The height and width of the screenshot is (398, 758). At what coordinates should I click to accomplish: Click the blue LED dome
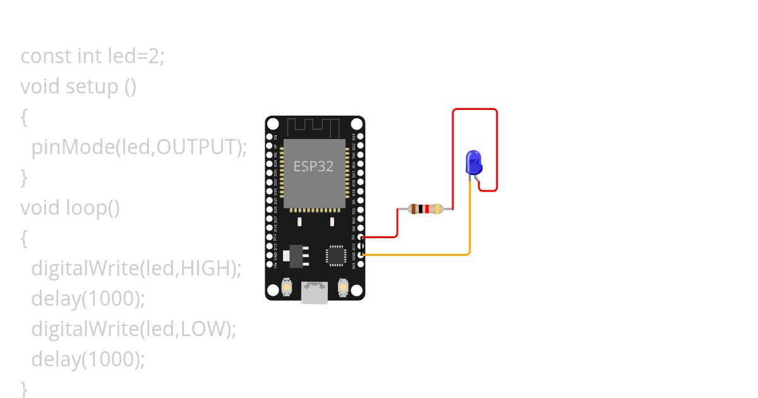[474, 161]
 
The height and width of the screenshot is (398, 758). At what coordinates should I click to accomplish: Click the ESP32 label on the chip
[313, 166]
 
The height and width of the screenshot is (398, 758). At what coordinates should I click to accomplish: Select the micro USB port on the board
[315, 292]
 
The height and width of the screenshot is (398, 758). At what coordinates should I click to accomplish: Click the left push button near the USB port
[287, 287]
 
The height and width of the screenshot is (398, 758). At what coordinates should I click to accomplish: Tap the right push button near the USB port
[344, 287]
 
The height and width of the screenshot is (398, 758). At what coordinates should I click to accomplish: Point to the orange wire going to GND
[417, 255]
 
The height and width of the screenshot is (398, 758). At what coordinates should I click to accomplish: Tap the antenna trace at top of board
[314, 126]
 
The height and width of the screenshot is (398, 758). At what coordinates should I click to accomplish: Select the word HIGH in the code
[205, 268]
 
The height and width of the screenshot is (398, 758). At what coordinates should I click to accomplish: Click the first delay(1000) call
[88, 298]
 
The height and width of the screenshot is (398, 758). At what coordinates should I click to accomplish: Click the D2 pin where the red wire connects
[360, 238]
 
